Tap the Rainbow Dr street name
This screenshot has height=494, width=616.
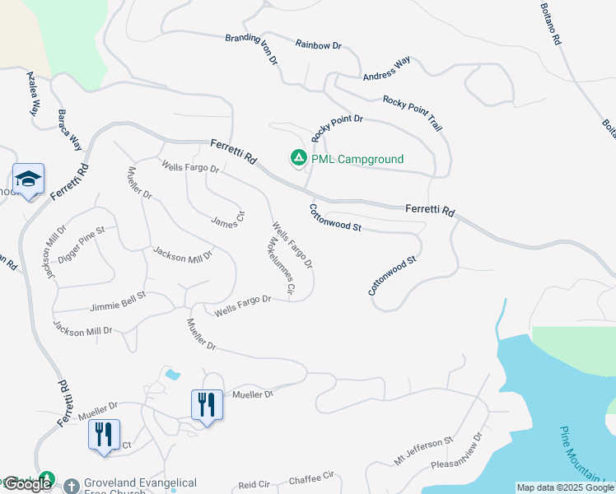pyautogui.click(x=318, y=45)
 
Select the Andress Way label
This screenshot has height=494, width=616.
pyautogui.click(x=386, y=69)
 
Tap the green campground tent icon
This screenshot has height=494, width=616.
pyautogui.click(x=297, y=157)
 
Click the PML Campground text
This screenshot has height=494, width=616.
pyautogui.click(x=357, y=159)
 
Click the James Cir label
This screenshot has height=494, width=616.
pyautogui.click(x=228, y=219)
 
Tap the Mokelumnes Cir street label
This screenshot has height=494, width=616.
pyautogui.click(x=280, y=266)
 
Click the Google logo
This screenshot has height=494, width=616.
pyautogui.click(x=27, y=484)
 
